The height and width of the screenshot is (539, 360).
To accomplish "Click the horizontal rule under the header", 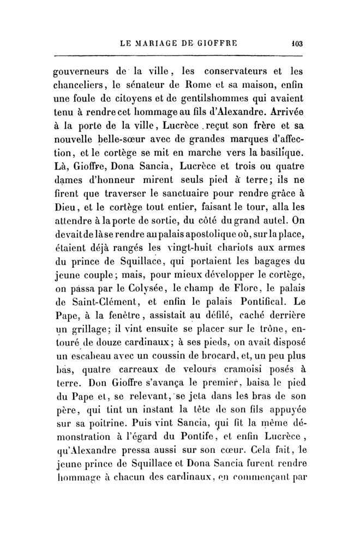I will pyautogui.click(x=180, y=55).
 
